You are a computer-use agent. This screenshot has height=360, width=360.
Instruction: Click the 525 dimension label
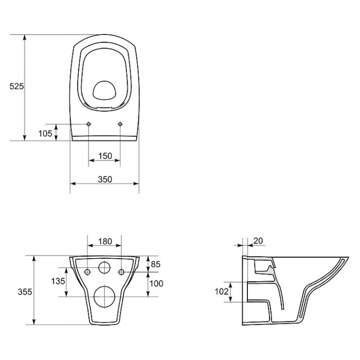pos(16,86)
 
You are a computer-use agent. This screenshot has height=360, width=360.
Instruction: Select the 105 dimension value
pos(45,133)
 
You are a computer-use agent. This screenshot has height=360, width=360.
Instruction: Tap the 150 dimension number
pos(105,156)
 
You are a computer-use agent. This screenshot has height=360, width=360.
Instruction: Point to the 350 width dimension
pos(105,179)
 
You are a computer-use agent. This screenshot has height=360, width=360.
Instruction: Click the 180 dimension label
pos(105,242)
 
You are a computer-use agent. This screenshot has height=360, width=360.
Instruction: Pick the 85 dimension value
pos(155,264)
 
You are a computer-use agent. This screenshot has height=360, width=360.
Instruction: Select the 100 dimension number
pos(156,283)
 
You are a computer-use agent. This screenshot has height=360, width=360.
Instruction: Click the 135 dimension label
pos(58,281)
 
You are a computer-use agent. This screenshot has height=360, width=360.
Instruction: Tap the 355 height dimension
pos(25,292)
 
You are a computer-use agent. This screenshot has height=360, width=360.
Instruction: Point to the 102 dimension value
pos(222,292)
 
